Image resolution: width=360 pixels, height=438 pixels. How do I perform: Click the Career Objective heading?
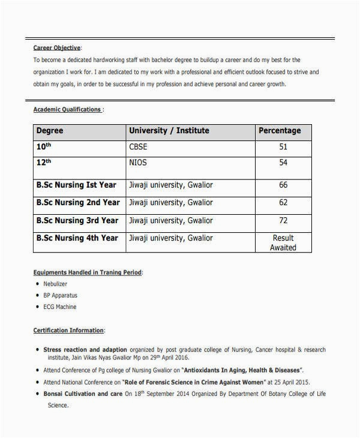pos(57,48)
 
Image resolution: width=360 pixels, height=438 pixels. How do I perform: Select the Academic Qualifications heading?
pos(67,110)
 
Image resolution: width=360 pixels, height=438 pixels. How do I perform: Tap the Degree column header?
pos(50,131)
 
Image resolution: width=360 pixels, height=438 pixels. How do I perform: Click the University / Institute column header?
pos(169,131)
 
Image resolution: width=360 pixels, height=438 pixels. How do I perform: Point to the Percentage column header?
pos(280,131)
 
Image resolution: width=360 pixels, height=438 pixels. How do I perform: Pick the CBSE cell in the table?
pos(138,147)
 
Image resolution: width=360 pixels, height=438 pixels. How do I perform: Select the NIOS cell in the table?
pos(137,163)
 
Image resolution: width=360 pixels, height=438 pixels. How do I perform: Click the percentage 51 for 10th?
pos(283,147)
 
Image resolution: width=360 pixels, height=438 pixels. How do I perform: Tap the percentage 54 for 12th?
pos(283,163)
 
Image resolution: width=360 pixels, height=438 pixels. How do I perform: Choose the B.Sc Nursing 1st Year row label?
pos(76,185)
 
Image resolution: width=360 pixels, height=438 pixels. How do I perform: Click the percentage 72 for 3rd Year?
pos(283,220)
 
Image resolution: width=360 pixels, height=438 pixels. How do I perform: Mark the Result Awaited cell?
pos(283,242)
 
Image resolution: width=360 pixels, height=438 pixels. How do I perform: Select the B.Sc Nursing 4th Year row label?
pos(77,238)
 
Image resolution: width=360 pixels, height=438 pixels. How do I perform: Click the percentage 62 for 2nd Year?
pos(283,203)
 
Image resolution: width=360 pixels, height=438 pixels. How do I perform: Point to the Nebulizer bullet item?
pos(55,284)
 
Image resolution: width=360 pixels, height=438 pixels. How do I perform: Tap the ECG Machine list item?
pos(60,307)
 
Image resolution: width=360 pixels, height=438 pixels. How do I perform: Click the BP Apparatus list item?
pos(61,295)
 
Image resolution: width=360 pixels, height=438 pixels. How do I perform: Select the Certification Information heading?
pos(69,331)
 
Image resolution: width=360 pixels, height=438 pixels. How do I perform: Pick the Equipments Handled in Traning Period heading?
pos(88,272)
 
